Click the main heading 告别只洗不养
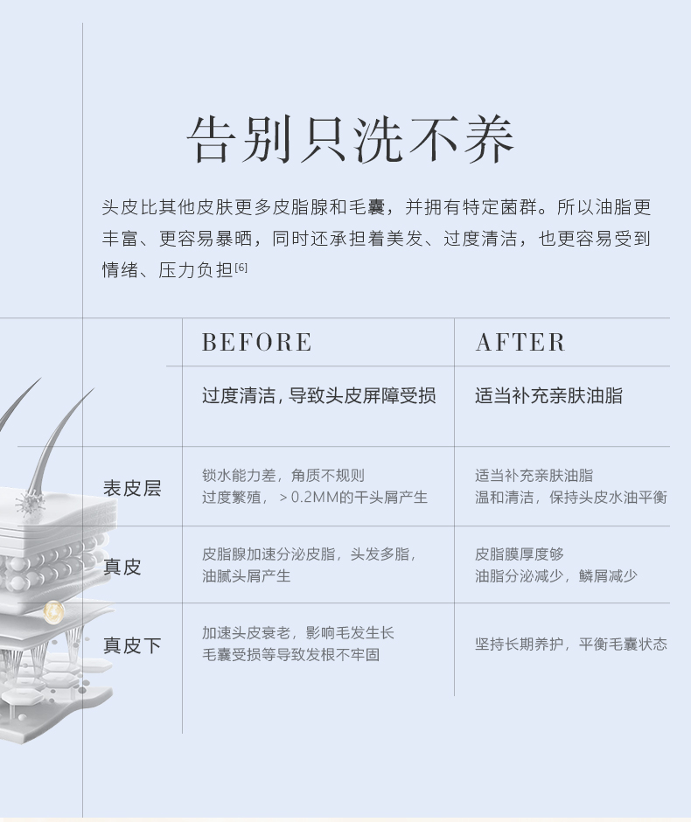[350, 140]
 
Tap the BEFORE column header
[256, 342]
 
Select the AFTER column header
[520, 342]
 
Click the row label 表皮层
[132, 488]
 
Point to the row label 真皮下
[132, 645]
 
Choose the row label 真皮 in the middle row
[122, 567]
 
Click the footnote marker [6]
[241, 268]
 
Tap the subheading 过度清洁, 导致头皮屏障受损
[318, 395]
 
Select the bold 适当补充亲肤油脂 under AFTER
[548, 395]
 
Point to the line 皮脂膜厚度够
[520, 554]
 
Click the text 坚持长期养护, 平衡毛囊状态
[570, 644]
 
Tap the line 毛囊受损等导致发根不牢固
[290, 654]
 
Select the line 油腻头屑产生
[246, 575]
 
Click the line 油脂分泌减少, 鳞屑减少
[555, 575]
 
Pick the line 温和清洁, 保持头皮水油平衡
[570, 498]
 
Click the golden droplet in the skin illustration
[54, 610]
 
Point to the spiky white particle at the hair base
[26, 503]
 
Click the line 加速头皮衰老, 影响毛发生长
[297, 632]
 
